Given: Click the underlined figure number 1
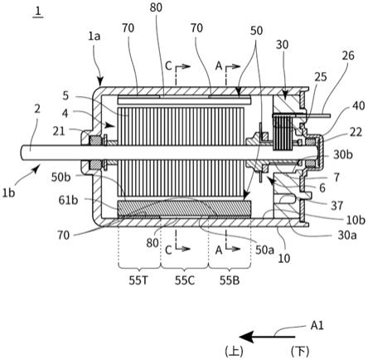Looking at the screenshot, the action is (x=38, y=12).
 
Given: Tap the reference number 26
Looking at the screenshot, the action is (x=348, y=56).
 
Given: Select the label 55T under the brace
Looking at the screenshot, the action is (x=138, y=280).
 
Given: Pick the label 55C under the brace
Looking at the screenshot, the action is (x=185, y=280).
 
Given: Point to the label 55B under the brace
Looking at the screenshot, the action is (x=230, y=280).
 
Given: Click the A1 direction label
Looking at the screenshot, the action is (x=317, y=326).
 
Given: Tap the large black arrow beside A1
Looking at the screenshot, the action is (x=267, y=337).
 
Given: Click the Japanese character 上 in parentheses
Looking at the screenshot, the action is (x=235, y=352).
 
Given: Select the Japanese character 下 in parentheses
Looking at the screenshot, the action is (x=300, y=352).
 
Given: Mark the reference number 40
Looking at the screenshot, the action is (x=359, y=106).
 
